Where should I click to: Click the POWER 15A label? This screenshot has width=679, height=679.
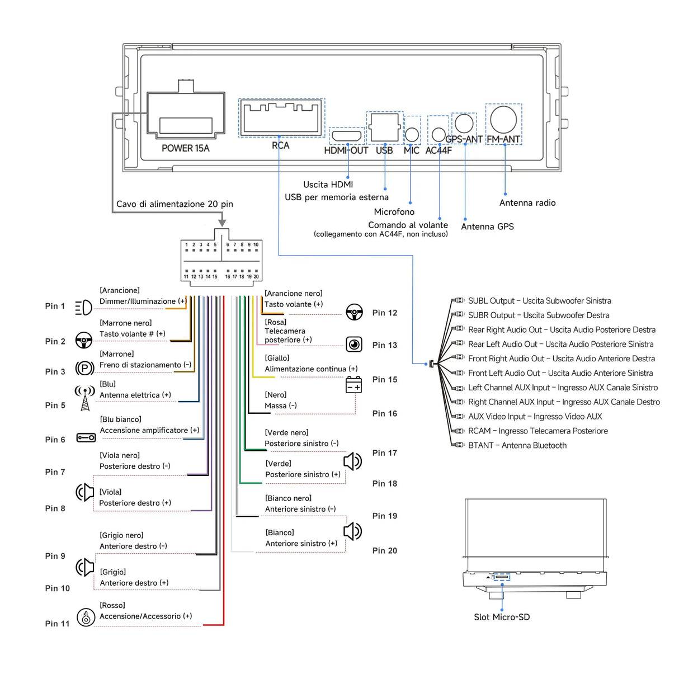click(185, 148)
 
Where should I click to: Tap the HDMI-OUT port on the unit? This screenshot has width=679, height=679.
click(346, 136)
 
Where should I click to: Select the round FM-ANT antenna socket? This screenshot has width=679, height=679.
click(503, 119)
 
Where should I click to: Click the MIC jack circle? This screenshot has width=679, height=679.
click(412, 134)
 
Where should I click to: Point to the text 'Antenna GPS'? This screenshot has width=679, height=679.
click(487, 227)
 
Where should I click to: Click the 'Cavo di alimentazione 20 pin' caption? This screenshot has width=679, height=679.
click(175, 204)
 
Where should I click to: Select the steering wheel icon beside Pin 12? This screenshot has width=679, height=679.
click(354, 312)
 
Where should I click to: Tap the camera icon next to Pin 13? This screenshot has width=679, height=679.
click(354, 344)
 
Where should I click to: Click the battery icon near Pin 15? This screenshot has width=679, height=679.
click(354, 385)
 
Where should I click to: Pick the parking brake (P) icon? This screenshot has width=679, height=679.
click(84, 368)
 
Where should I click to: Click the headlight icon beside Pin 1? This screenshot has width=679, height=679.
click(83, 307)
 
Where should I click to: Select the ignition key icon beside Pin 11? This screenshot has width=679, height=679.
click(86, 617)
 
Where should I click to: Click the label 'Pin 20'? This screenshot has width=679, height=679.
click(385, 551)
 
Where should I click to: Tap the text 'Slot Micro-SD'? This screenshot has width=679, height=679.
click(502, 617)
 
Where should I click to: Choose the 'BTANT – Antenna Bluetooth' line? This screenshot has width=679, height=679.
click(517, 445)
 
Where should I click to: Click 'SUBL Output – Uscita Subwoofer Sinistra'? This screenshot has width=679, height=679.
click(539, 301)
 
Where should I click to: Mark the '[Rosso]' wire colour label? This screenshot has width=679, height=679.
click(112, 605)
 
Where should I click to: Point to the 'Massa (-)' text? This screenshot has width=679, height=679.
click(281, 405)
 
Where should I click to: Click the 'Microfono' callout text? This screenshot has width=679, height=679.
click(394, 212)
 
